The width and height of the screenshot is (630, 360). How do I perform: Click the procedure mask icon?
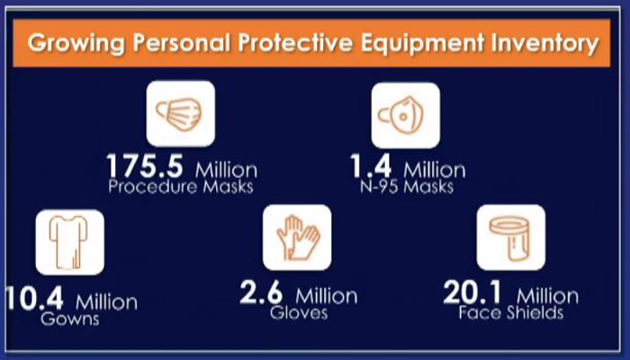180,113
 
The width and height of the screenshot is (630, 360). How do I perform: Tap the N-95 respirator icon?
405,115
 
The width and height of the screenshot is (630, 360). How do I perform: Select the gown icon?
70,242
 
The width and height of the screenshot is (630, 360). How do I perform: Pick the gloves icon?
297,238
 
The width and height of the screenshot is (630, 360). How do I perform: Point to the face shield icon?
511,238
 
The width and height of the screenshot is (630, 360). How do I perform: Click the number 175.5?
145,166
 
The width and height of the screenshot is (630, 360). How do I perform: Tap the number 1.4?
371,166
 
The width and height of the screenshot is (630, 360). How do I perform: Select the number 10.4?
35,298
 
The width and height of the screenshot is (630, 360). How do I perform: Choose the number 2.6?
262,292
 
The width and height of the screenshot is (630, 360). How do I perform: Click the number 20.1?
472,292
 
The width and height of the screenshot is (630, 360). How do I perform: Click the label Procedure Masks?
181,187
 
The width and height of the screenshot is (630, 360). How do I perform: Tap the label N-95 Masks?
407,187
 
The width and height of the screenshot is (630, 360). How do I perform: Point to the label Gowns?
70,319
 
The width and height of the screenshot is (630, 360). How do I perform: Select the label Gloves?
299,313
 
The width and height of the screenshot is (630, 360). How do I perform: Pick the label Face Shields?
511,313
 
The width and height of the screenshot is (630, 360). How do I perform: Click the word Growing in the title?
76,43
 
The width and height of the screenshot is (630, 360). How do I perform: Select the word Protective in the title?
295,42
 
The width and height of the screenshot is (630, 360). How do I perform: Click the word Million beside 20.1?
548,296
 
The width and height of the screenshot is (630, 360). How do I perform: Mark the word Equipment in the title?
422,43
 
